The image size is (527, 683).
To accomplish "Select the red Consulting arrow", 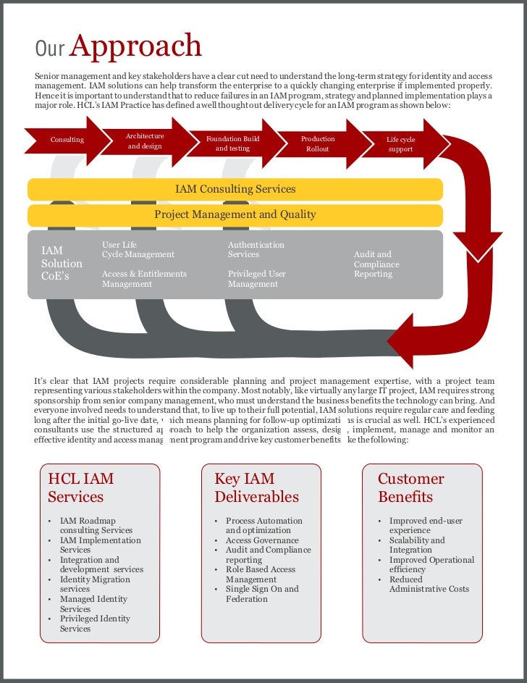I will coord(67,140).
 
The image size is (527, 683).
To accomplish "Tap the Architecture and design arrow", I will coord(145,141).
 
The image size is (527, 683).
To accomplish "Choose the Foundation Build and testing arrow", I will coord(232,143).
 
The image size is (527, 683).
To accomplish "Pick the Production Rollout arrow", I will coord(318,143).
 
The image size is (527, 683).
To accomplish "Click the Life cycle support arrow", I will coord(400,144).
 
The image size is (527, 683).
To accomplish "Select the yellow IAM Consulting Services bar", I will coord(235,189).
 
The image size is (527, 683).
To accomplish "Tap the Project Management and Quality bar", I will coord(235,214).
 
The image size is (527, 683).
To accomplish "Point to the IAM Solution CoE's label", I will coord(62,264).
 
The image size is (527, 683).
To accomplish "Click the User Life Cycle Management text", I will coord(138,250).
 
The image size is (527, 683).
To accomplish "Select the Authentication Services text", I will coord(256,250).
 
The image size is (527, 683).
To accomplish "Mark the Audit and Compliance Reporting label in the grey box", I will coord(376,264).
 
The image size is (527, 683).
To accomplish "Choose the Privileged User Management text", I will coord(256,279).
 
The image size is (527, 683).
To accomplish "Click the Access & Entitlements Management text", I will coord(144,279).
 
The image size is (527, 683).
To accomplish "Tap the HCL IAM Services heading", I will coord(80,487).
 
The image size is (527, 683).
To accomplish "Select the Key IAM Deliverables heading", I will coord(256,487).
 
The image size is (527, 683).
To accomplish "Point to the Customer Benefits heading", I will coord(410,487).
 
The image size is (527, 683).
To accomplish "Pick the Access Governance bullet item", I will coord(262,540).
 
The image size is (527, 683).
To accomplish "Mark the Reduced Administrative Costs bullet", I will coord(429,584).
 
